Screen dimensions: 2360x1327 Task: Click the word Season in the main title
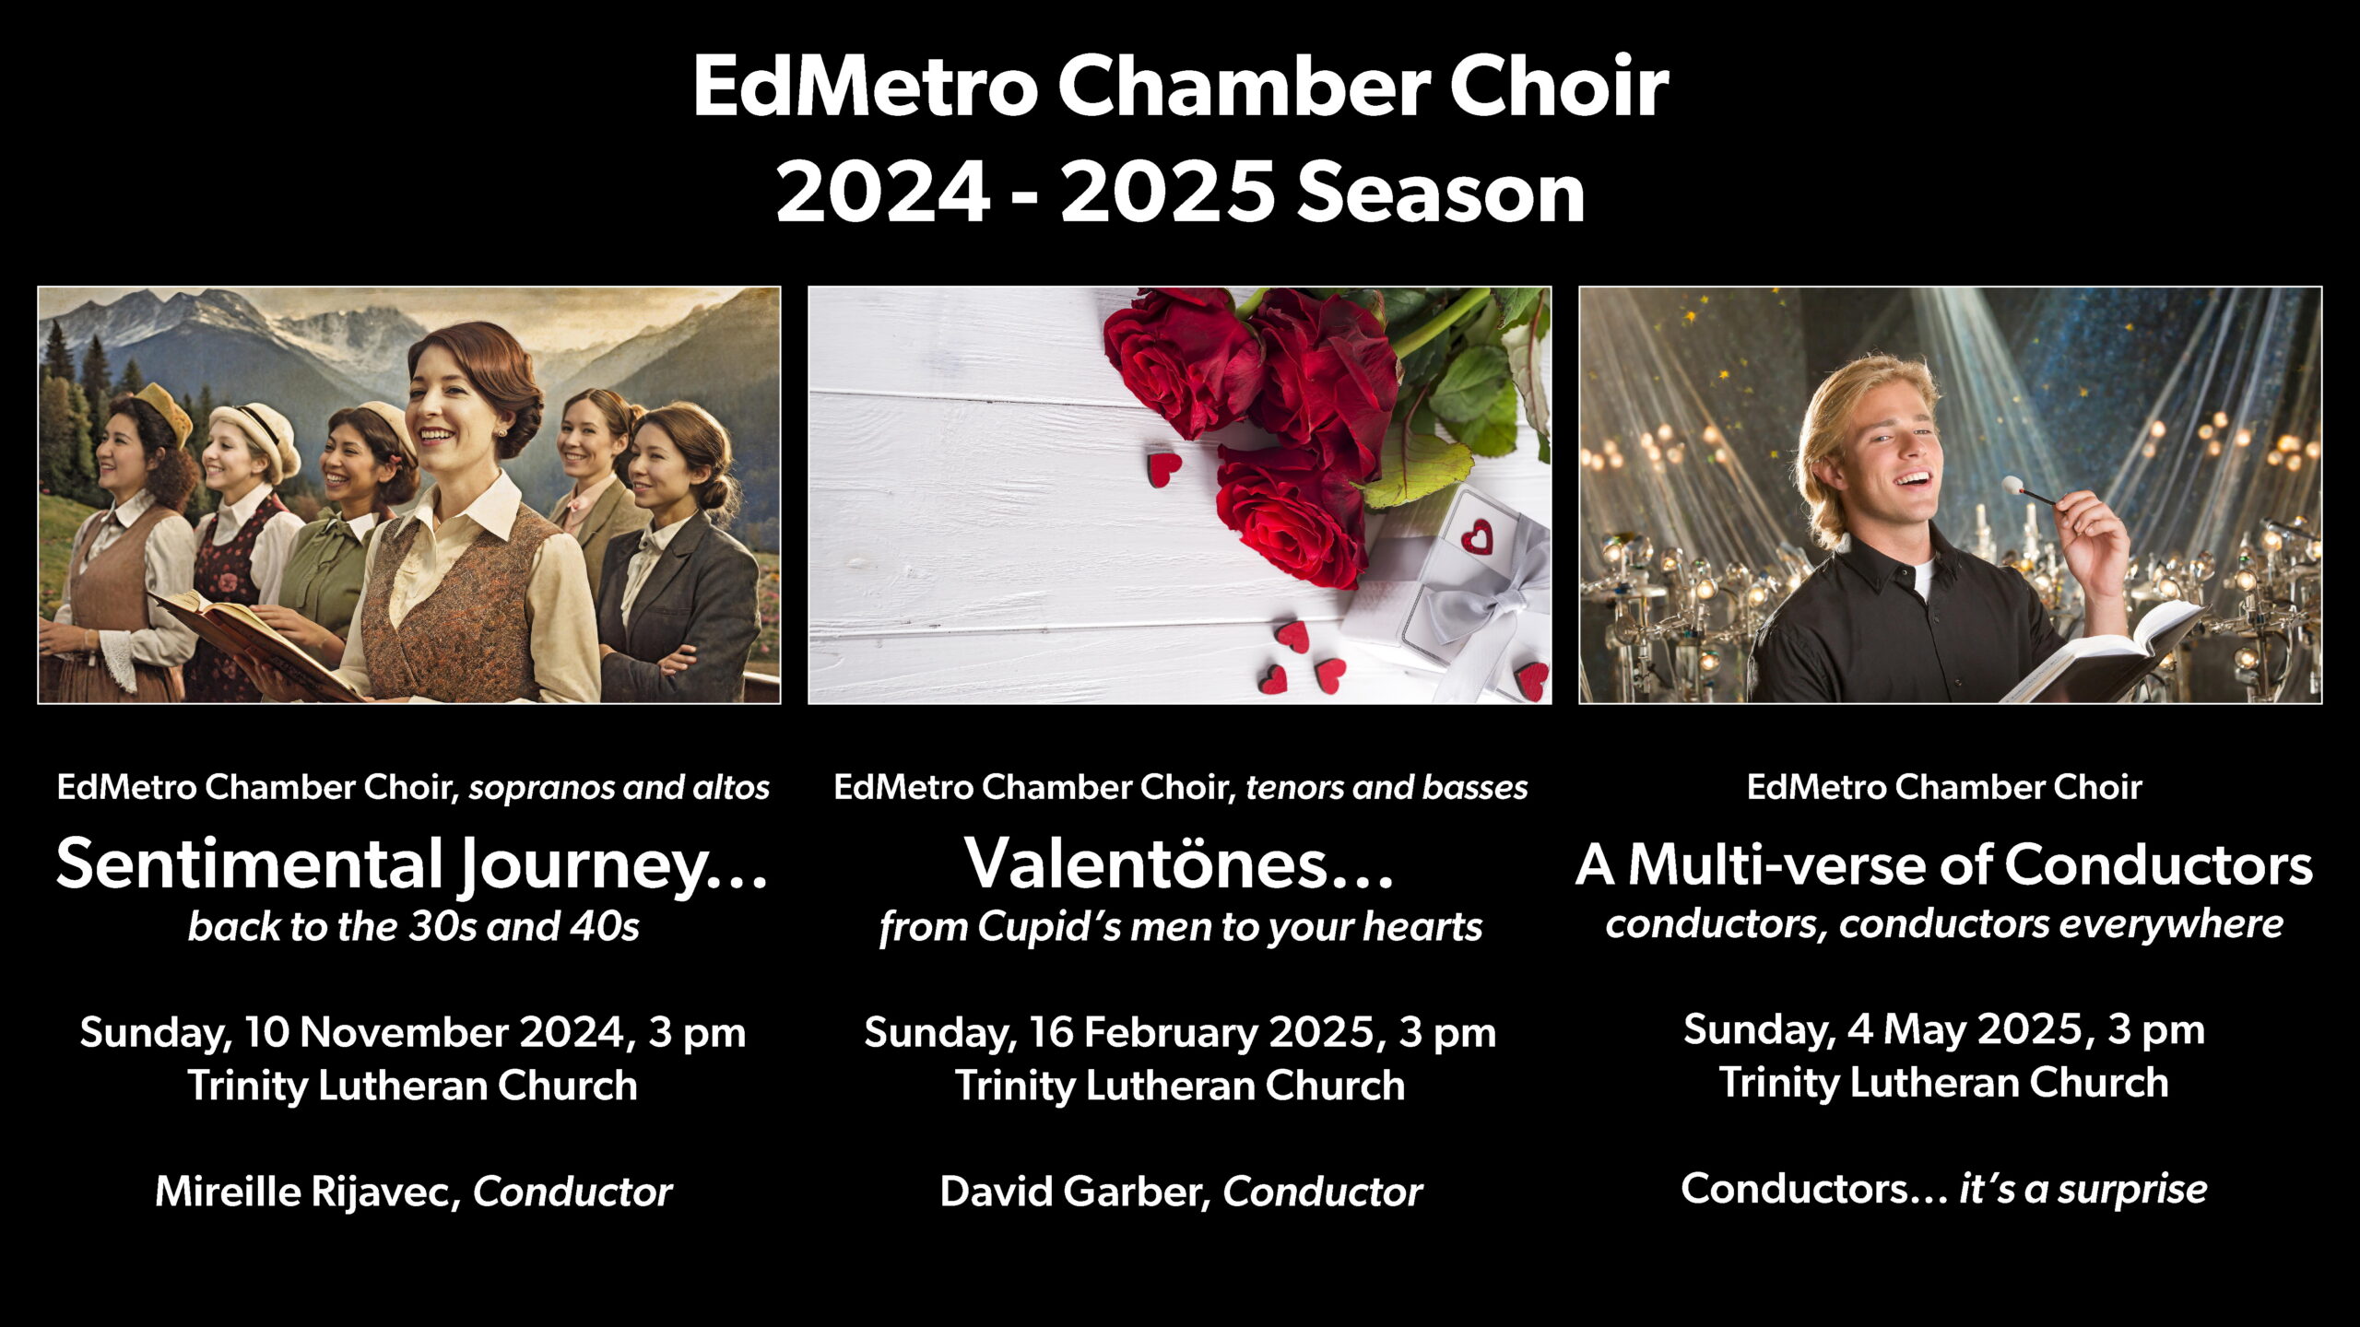click(1441, 194)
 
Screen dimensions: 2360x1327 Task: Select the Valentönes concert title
click(1179, 864)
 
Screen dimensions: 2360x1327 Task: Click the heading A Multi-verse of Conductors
click(1944, 864)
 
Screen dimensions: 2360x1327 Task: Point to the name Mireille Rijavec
click(307, 1191)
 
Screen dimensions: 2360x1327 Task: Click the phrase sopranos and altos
click(619, 788)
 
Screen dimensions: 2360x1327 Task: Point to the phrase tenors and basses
click(1386, 788)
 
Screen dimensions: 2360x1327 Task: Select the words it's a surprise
click(2083, 1189)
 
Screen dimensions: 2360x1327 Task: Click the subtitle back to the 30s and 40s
click(413, 926)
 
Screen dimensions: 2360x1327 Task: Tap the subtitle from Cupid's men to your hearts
click(1180, 926)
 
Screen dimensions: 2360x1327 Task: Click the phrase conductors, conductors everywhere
click(1944, 923)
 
